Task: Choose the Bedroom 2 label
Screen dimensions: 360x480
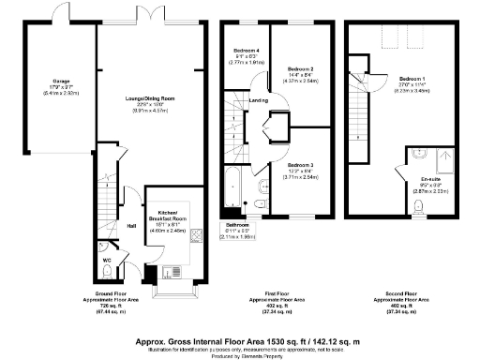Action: [x=299, y=69]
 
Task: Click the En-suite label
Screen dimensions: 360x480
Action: [x=430, y=178]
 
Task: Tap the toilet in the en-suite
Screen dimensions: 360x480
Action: [x=418, y=207]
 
